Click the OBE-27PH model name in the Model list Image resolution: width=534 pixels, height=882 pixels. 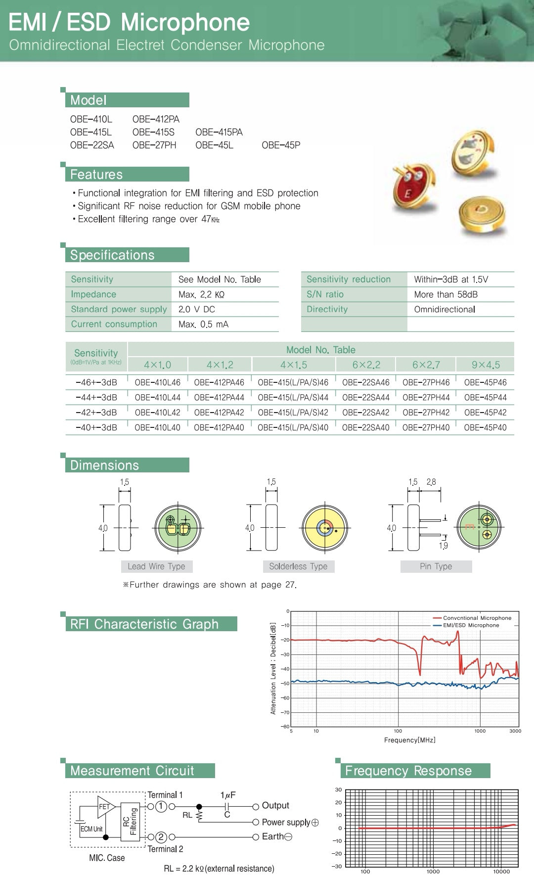154,145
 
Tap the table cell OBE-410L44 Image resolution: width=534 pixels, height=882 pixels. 157,397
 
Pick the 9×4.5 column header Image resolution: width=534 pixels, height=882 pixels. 486,365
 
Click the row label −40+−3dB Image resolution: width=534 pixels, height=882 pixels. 96,427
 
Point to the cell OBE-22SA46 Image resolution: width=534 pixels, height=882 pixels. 365,382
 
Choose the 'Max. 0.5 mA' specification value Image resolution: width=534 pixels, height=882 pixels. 203,325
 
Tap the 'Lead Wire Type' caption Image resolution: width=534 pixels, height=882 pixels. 156,566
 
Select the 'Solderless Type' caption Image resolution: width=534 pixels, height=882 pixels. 298,566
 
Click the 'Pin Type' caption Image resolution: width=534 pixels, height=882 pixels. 436,566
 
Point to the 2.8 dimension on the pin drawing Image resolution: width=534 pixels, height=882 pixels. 431,482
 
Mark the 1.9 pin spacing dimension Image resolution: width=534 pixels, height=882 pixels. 444,546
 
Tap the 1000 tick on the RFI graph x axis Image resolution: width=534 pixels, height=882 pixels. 480,731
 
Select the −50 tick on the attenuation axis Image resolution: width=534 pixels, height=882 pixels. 285,684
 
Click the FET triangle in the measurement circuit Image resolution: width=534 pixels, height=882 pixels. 105,807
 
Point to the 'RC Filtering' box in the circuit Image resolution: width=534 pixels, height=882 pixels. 130,821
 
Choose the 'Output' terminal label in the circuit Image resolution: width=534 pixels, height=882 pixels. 275,806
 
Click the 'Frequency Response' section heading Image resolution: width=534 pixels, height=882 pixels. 408,771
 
